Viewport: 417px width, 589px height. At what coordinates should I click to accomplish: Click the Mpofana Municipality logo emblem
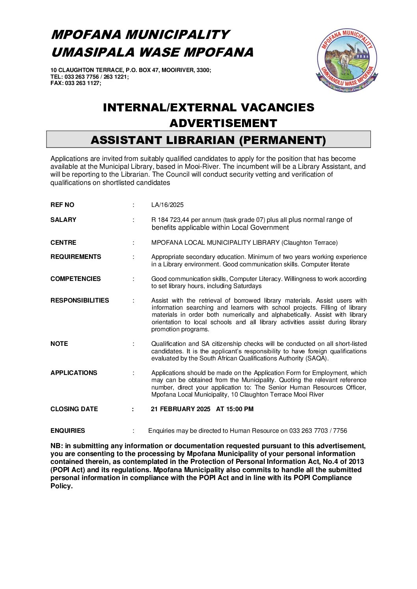point(347,60)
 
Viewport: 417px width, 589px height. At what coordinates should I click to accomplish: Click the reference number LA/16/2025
point(167,205)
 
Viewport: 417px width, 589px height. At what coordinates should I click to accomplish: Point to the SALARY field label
point(63,220)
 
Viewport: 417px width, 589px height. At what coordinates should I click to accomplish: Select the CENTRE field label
point(63,243)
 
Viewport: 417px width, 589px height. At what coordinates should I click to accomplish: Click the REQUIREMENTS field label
point(76,257)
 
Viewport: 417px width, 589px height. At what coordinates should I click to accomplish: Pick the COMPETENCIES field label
point(76,279)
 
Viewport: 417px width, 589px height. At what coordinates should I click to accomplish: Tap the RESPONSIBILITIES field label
point(80,301)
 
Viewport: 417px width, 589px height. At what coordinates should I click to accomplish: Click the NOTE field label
point(59,344)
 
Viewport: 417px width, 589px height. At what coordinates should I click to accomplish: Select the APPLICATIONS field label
point(74,373)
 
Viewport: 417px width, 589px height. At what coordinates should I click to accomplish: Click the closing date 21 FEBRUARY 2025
point(181,409)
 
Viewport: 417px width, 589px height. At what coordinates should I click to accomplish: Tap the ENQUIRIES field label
point(68,431)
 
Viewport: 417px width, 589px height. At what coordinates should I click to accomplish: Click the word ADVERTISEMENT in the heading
point(223,123)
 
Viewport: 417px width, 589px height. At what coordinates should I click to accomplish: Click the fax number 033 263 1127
point(82,83)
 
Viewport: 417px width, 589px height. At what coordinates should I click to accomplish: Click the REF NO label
point(62,205)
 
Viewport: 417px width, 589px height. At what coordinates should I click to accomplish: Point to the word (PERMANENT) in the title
point(283,140)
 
